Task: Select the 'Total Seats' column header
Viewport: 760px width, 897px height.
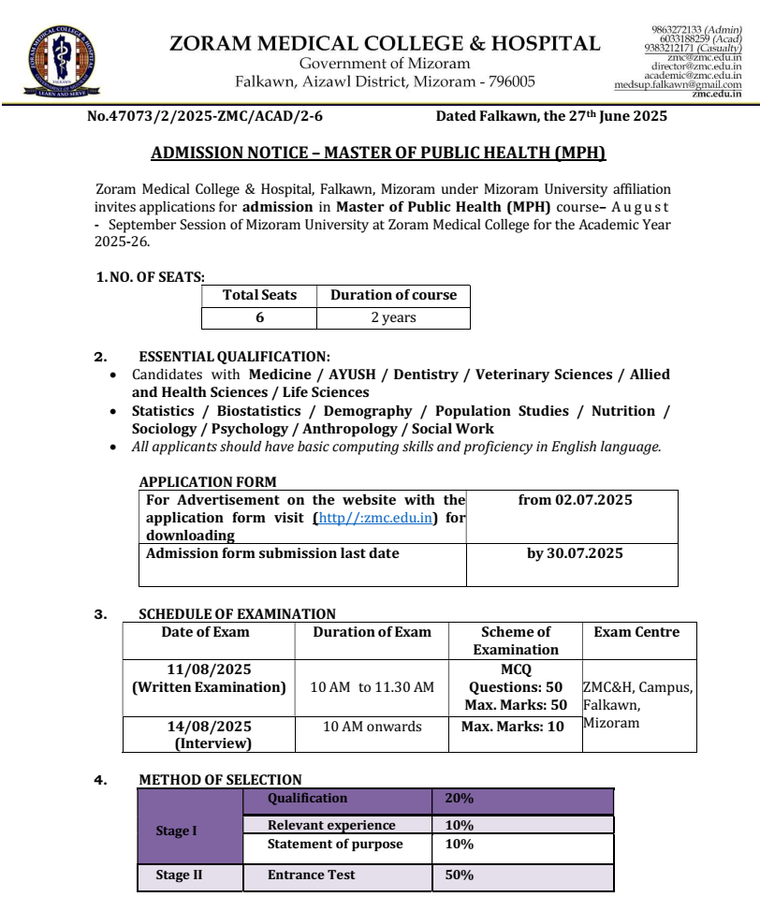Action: [259, 295]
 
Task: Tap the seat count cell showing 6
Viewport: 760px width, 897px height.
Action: [259, 317]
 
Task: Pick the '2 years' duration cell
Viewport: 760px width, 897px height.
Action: [393, 317]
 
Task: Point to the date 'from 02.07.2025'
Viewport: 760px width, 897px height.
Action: [575, 500]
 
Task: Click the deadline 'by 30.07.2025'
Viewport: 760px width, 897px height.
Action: [575, 553]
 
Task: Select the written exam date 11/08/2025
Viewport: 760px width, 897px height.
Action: [209, 669]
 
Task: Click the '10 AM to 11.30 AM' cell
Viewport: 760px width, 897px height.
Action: [372, 687]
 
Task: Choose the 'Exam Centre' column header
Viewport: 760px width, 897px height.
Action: [636, 632]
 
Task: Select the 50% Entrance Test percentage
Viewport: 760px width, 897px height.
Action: [460, 875]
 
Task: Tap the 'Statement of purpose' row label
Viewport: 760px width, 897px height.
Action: [335, 844]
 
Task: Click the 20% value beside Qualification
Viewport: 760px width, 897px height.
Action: [460, 799]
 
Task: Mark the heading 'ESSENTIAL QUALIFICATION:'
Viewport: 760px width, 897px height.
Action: [234, 357]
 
